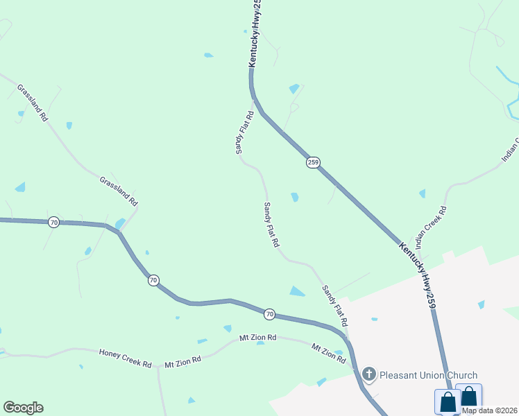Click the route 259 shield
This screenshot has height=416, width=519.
313,162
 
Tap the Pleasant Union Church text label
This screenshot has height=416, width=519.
427,376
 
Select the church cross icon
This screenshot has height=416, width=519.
369,376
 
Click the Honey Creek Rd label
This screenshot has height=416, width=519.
125,358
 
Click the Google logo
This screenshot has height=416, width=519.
23,408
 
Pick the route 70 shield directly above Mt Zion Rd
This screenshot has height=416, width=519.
270,315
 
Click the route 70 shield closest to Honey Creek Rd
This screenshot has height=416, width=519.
153,280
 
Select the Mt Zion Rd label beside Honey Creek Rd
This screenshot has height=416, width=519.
182,361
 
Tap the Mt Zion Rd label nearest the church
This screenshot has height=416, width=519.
328,354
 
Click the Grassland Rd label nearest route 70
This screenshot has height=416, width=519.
118,191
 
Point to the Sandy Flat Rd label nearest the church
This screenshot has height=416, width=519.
334,305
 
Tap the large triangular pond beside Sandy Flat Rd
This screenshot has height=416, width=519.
297,291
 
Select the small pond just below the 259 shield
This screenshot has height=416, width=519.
295,197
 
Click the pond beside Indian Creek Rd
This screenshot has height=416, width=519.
422,193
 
